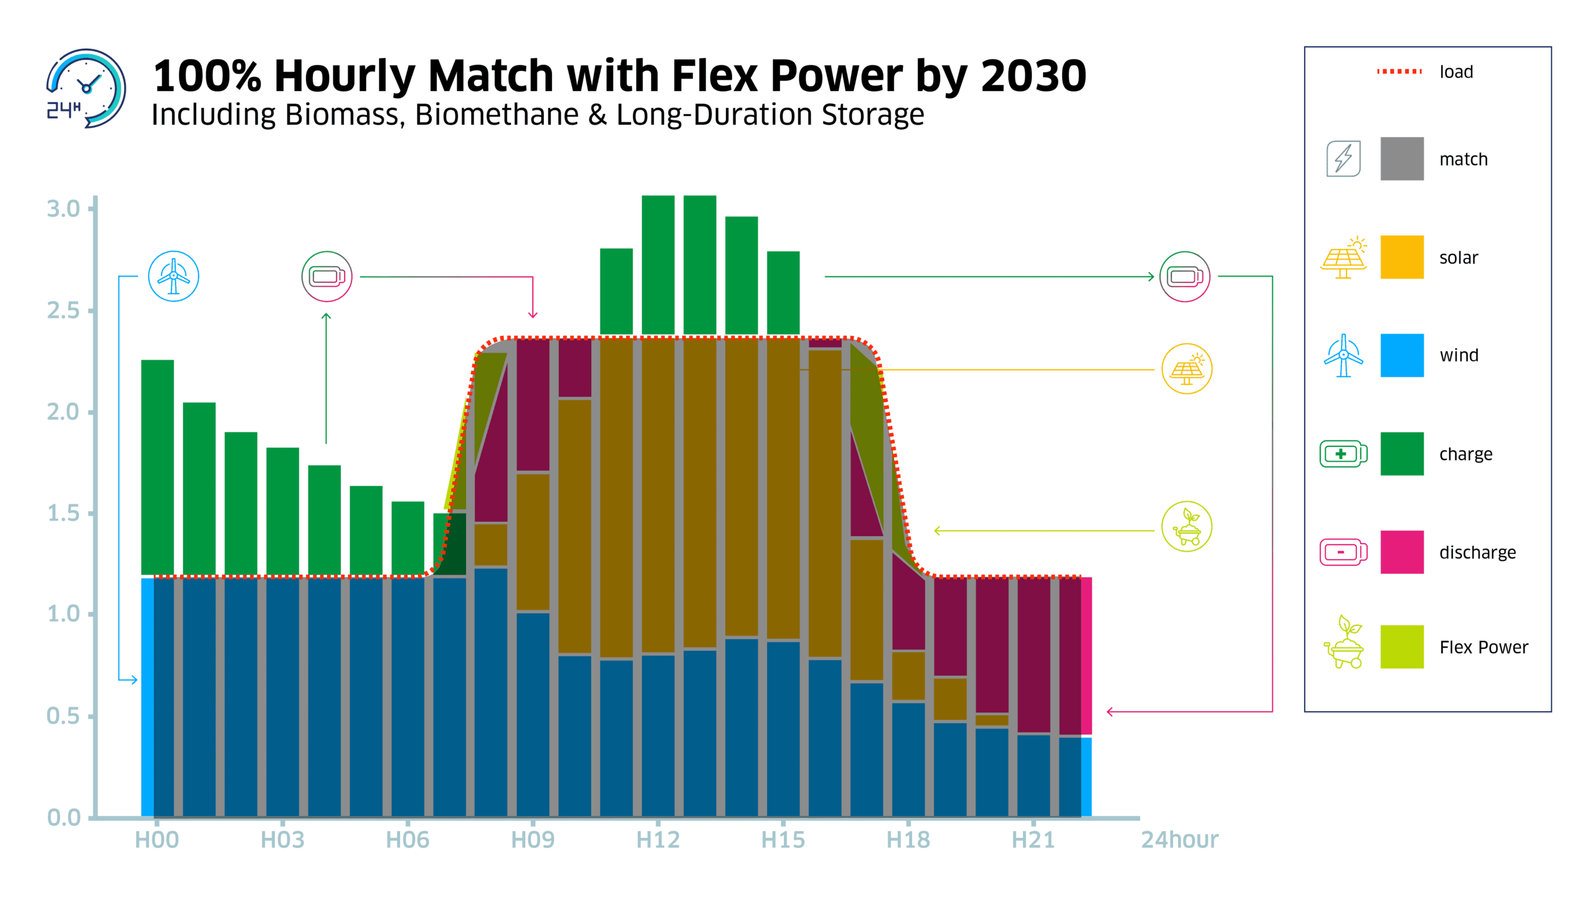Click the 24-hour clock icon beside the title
point(86,89)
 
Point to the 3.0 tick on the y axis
point(64,209)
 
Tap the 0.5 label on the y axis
point(64,716)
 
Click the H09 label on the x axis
point(533,840)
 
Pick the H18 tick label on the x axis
point(908,840)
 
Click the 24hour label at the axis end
point(1179,840)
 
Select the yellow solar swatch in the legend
point(1401,257)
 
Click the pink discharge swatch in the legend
point(1401,552)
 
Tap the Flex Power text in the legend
point(1483,647)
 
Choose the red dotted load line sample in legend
point(1399,72)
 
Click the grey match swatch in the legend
point(1401,159)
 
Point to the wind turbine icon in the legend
point(1343,355)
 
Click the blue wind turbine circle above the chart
point(173,276)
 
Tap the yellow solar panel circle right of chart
point(1186,369)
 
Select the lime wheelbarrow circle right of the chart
point(1186,527)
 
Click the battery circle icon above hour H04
point(326,276)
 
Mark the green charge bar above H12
point(658,265)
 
